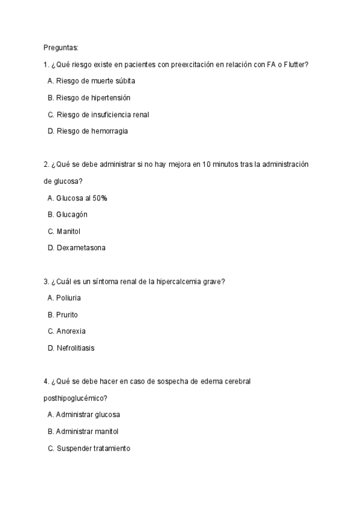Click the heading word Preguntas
61,47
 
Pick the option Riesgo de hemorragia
92,130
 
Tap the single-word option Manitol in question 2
68,231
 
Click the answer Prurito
67,315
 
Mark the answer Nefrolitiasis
75,348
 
